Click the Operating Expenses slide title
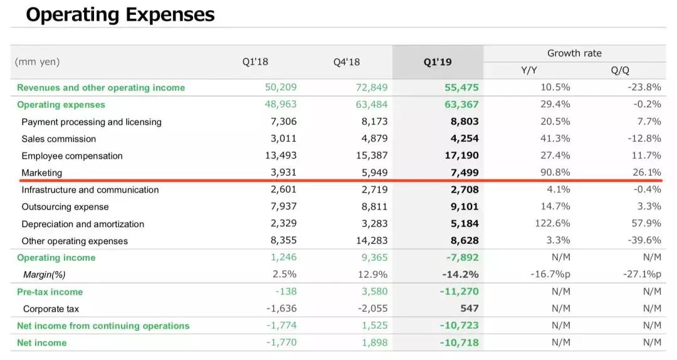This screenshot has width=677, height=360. click(x=120, y=15)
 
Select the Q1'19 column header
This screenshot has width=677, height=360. click(x=438, y=62)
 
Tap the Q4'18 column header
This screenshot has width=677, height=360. click(x=347, y=62)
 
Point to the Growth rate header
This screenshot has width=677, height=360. click(x=574, y=53)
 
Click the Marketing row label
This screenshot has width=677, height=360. click(x=42, y=172)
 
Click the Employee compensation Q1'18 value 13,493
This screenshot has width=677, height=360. click(x=279, y=156)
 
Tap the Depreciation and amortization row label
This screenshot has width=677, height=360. click(x=83, y=224)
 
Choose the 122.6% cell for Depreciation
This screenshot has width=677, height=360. click(x=552, y=224)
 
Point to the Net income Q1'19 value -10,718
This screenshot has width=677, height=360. click(x=459, y=342)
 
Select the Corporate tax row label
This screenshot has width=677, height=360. click(x=51, y=309)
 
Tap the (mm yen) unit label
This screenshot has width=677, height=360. click(x=38, y=62)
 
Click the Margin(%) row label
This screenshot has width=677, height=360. click(x=44, y=275)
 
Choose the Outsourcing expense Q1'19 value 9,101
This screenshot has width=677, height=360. click(x=464, y=207)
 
